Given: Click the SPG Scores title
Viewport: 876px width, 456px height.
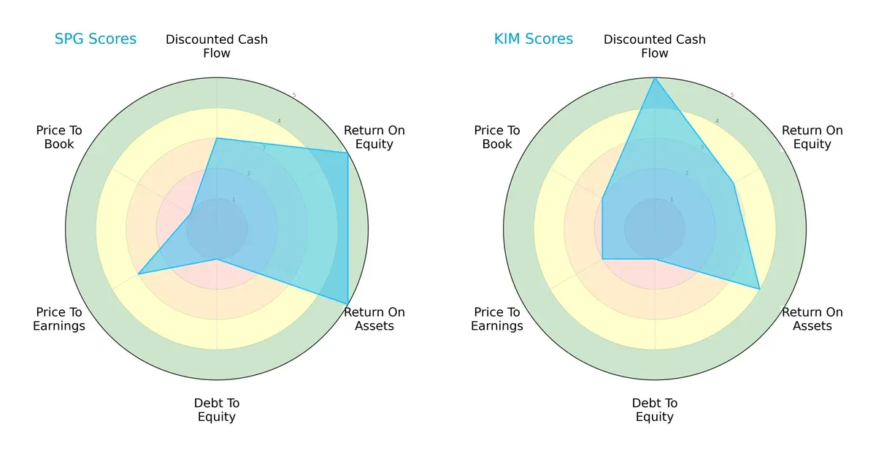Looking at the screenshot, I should point(96,39).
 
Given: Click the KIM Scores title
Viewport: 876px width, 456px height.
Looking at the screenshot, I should point(534,39).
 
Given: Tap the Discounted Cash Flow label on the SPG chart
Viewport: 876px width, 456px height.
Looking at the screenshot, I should point(217,46).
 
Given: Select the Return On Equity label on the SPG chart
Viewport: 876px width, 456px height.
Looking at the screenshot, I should point(374,137).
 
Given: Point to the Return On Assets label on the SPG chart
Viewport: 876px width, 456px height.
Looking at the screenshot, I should point(374,319).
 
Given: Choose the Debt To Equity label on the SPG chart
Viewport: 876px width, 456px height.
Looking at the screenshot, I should point(217,410).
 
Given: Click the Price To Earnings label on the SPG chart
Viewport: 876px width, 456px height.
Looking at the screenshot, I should point(59,319).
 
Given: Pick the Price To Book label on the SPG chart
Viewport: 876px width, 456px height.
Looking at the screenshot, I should point(59,137).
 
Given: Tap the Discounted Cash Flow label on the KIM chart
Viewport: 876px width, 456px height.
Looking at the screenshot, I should point(655,46).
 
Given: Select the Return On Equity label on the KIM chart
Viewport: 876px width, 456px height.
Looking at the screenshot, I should point(812,137).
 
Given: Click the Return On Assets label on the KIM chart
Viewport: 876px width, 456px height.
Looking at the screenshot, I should point(812,319).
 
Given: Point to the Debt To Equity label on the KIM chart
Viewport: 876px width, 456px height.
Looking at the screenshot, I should point(655,410).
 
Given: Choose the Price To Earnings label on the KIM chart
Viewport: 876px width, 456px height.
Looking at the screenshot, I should point(497,319).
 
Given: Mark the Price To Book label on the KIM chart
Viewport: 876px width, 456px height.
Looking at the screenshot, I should point(497,137).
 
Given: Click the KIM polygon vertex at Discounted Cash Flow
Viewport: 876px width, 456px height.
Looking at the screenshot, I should point(655,78).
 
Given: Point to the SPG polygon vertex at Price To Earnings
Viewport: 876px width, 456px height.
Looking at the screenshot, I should point(139,274).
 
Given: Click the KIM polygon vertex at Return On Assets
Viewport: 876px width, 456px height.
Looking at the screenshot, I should point(760,289).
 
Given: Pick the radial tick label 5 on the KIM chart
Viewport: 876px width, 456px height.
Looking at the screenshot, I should point(732,96).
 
